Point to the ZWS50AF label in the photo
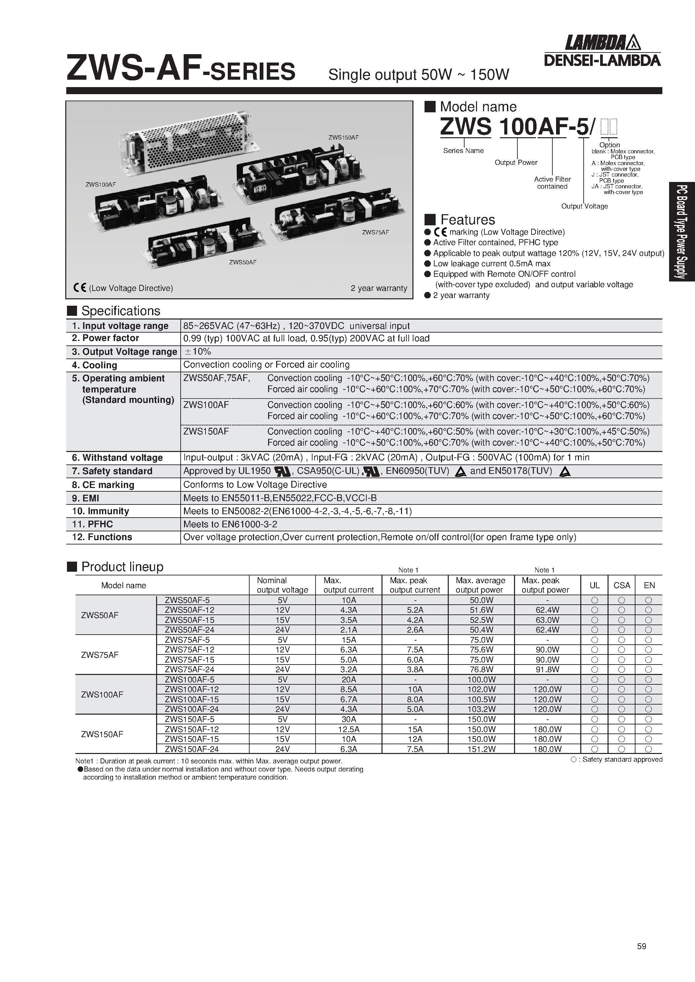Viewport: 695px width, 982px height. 243,262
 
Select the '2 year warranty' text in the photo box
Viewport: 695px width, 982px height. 379,288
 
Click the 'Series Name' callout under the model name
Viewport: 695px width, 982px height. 464,151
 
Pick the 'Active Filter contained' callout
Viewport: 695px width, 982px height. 552,183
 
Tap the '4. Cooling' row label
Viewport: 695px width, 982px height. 94,365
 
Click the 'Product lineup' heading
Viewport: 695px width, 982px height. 122,567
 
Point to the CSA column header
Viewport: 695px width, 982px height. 621,585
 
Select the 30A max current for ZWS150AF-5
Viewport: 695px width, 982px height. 349,719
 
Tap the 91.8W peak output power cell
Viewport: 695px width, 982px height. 547,669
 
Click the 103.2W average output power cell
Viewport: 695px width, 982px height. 481,709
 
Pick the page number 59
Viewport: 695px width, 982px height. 641,946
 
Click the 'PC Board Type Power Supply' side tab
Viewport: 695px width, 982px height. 682,231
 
